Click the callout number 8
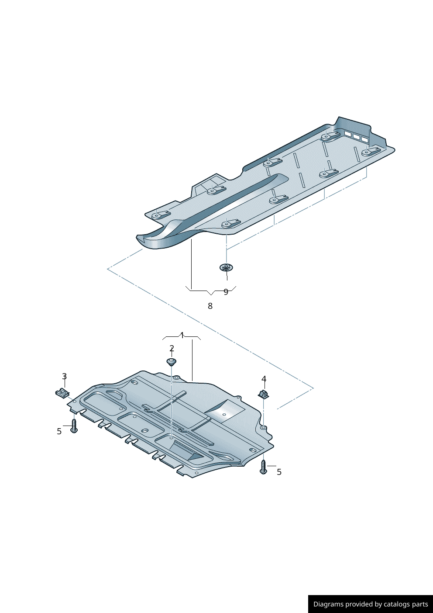coord(210,306)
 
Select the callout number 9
coord(226,292)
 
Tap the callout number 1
coord(182,335)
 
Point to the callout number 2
coord(172,348)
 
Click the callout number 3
coord(65,376)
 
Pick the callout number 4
coord(264,379)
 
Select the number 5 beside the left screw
coord(59,431)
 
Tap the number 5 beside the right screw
coord(279,472)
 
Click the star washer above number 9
coord(226,267)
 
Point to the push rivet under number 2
coord(172,362)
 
